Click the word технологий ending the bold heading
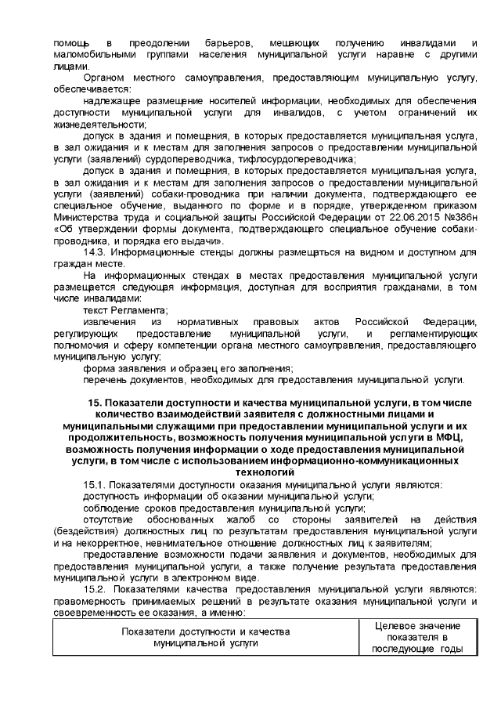tap(264, 473)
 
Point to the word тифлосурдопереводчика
tap(302, 159)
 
